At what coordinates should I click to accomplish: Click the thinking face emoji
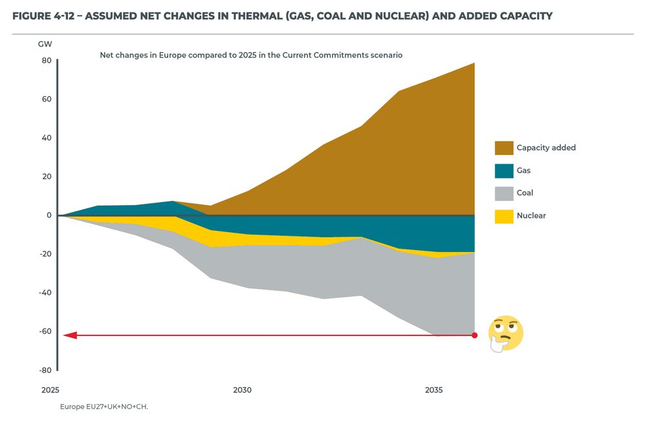pos(505,334)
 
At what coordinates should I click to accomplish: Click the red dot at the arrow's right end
pos(474,335)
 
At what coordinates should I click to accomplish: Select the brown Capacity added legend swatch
pos(504,148)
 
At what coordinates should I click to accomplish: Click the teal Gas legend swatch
pos(504,171)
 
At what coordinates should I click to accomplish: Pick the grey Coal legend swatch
pos(504,193)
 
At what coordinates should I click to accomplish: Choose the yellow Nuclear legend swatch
pos(504,216)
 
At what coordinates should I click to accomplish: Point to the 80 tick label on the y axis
pos(46,60)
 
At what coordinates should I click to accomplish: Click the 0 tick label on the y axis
pos(48,215)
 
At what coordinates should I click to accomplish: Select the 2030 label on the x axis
pos(242,390)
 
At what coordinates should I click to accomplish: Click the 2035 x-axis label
pos(433,390)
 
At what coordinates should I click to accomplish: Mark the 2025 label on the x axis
pos(50,390)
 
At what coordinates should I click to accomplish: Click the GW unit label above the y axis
pos(45,44)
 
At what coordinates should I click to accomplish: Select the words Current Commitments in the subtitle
pos(343,56)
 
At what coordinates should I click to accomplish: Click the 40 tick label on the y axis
pos(46,138)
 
